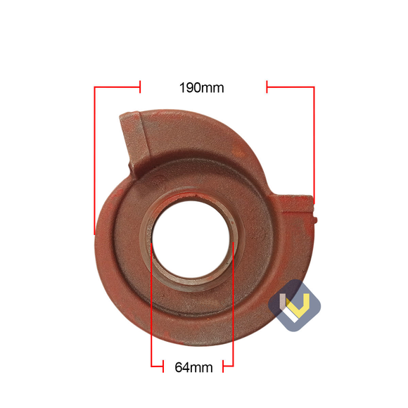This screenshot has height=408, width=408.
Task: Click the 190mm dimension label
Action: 202,88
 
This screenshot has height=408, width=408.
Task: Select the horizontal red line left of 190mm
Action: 117,87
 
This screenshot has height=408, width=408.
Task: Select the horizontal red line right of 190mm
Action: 290,87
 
